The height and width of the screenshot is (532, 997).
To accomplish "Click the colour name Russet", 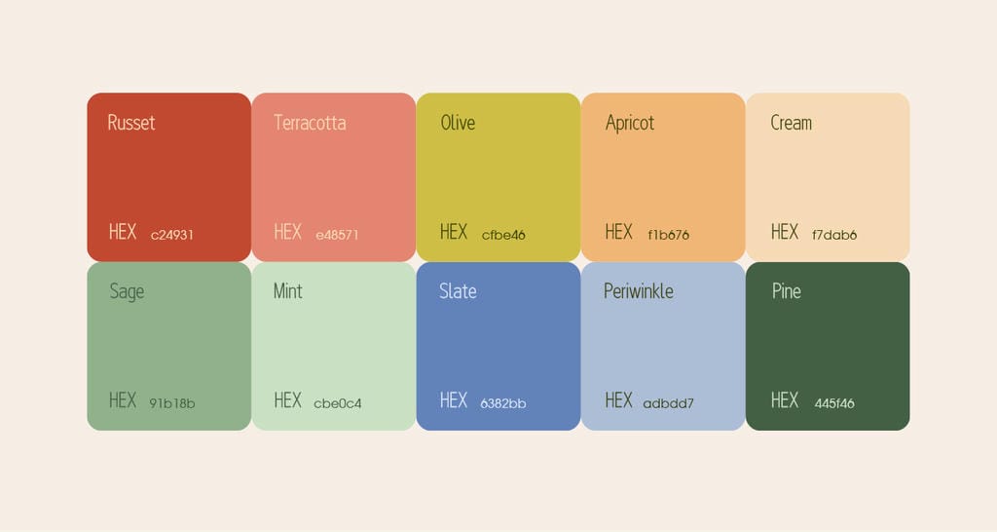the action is coord(131,122).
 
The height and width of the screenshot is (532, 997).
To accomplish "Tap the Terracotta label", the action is coord(310,122).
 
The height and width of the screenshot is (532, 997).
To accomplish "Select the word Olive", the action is coord(458,122).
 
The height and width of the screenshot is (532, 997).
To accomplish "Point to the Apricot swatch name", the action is coord(630,123).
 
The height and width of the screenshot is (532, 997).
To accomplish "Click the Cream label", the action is coord(791,122).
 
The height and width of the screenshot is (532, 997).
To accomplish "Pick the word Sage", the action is coord(127,291).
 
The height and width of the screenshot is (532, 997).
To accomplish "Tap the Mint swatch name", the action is coord(287,290).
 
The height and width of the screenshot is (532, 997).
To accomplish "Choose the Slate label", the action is coord(458,290).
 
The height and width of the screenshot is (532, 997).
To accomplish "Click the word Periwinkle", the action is coord(639,290).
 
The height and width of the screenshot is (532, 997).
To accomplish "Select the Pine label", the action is coord(787,290).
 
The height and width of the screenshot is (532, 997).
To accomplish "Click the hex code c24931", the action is coord(171,235).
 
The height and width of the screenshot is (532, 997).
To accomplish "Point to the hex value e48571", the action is coord(337,235).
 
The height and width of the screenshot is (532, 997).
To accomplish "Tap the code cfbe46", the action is coord(503,235).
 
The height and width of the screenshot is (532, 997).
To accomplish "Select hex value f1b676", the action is coord(668,235).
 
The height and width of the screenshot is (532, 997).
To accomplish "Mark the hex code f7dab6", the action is coord(834,235).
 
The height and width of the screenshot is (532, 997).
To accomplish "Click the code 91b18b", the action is coord(171,403).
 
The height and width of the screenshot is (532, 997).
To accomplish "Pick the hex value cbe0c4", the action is coord(338,403).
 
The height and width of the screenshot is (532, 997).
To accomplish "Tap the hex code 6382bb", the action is coord(503,403).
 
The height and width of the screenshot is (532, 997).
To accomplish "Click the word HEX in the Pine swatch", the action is coord(785,400).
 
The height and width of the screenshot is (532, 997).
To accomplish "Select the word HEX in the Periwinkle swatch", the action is coord(618,400).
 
